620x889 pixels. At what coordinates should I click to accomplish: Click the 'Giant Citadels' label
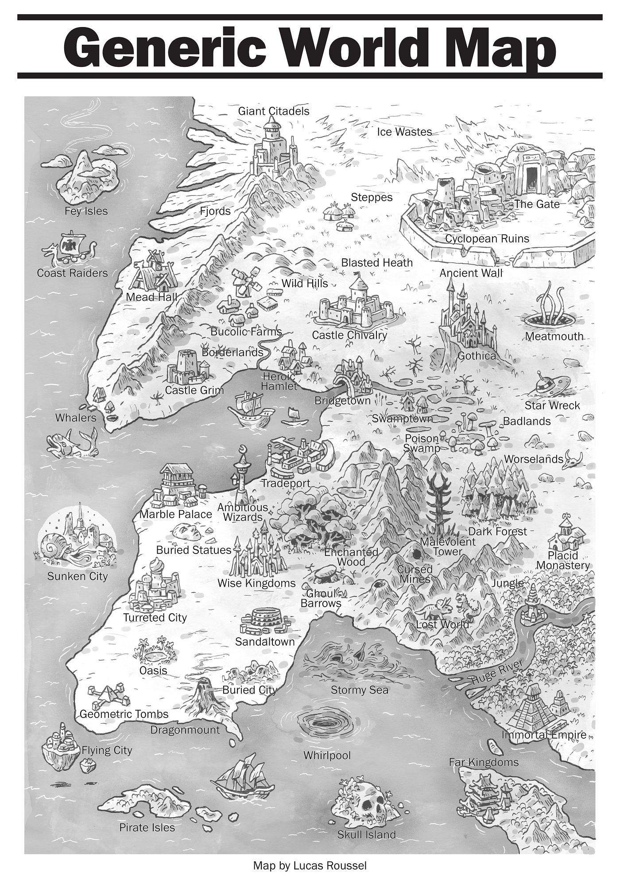pyautogui.click(x=274, y=111)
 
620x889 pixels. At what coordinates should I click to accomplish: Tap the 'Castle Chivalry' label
pyautogui.click(x=349, y=335)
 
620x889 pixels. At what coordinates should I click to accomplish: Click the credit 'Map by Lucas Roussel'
pyautogui.click(x=310, y=866)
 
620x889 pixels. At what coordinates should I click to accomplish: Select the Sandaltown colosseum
pyautogui.click(x=265, y=620)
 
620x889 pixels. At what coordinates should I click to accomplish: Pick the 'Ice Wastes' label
pyautogui.click(x=404, y=132)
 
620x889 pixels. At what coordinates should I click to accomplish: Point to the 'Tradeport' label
pyautogui.click(x=286, y=483)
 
